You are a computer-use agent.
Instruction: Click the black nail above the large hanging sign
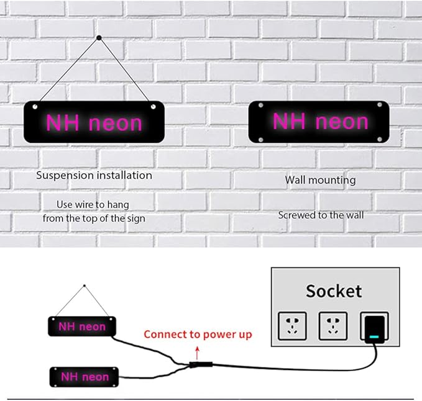pos(99,38)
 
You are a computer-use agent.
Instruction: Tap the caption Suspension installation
pos(94,176)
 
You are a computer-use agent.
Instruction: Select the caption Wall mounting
pos(320,180)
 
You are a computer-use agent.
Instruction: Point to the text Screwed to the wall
pos(321,215)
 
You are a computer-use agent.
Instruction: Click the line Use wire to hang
pos(94,204)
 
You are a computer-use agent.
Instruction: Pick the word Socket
pos(334,291)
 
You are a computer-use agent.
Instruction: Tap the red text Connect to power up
pos(198,335)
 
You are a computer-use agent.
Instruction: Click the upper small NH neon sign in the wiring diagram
pos(83,326)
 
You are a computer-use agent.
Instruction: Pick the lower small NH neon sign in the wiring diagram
pos(84,376)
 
